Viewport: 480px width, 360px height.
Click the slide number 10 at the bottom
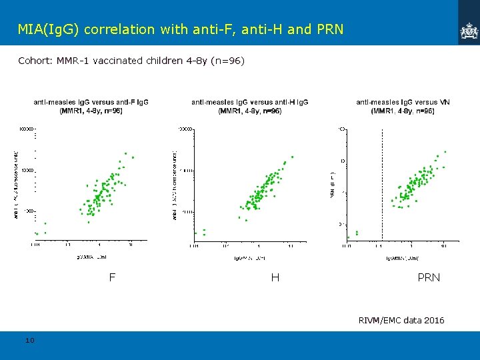coord(29,341)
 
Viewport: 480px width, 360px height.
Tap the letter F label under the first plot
coord(112,277)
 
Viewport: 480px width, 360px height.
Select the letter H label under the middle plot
coord(275,277)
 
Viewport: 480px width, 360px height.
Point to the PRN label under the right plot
coord(429,277)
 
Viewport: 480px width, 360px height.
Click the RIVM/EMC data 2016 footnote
coord(401,321)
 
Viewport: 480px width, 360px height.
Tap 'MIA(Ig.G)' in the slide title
coord(49,29)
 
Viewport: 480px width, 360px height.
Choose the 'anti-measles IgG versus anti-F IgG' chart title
coord(91,102)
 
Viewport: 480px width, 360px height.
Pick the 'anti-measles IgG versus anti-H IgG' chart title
coord(249,102)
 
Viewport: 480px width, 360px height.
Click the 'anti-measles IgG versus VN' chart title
coord(403,102)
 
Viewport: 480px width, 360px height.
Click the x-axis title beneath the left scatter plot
coord(91,255)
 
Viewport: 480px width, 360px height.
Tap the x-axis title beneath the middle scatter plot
coord(250,257)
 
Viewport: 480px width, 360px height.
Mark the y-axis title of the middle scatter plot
coord(174,185)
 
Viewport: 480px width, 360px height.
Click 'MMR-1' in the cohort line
coord(72,61)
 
